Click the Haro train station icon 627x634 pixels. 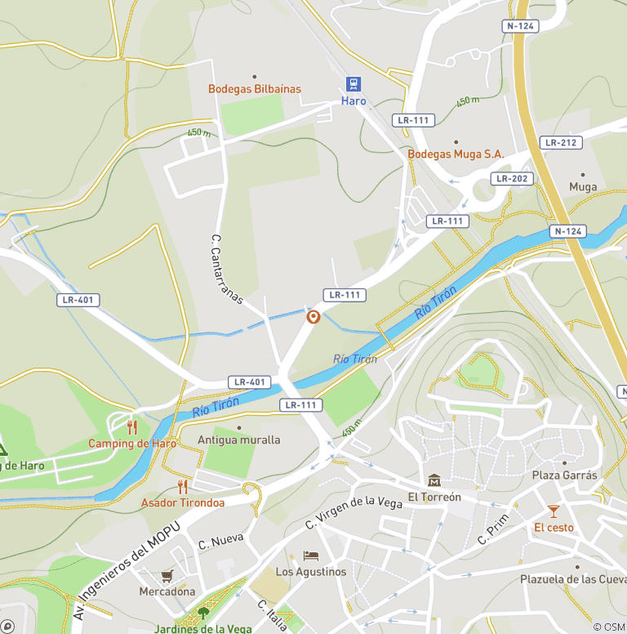tap(353, 84)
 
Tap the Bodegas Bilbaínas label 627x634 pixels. tap(254, 89)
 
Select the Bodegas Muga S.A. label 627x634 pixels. tap(456, 154)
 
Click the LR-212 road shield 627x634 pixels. tap(561, 142)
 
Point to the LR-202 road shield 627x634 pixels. tap(512, 178)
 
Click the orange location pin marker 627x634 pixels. tap(313, 317)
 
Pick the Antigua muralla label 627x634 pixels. tap(239, 440)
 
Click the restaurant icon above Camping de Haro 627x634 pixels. tap(132, 426)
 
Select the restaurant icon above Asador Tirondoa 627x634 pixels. tap(182, 487)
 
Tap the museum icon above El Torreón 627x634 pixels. tap(434, 480)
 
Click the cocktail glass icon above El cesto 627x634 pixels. tap(554, 511)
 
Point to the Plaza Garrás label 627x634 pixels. tap(564, 475)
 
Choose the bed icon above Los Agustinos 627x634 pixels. tap(310, 556)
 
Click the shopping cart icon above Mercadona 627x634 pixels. tap(167, 575)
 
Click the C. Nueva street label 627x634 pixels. tap(220, 541)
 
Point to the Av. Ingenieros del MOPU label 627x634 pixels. tap(132, 564)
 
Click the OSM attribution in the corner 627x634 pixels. tap(608, 627)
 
